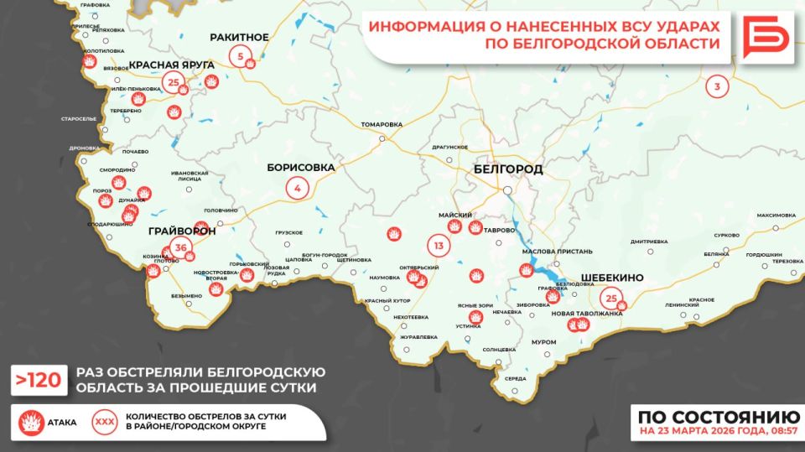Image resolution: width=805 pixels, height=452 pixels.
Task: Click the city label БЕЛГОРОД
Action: tap(507, 169)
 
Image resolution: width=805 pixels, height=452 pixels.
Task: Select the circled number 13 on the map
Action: tap(438, 246)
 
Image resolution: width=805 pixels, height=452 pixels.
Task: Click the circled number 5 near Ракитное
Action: tap(241, 58)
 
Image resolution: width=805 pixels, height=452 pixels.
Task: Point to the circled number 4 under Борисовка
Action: tap(297, 188)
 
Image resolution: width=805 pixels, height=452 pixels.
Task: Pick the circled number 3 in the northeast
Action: tap(717, 86)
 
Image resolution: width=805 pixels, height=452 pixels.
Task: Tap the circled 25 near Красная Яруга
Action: tap(174, 82)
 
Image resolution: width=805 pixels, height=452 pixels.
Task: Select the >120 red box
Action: tap(39, 380)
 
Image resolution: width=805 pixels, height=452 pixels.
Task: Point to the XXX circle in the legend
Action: tap(105, 421)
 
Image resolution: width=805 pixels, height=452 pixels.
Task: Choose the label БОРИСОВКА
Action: tap(301, 168)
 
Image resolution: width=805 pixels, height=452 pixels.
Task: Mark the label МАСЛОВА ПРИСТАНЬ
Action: tap(557, 252)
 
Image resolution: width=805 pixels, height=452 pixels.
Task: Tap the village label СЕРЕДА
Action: tap(516, 378)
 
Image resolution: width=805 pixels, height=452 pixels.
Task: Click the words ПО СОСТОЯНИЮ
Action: tap(717, 417)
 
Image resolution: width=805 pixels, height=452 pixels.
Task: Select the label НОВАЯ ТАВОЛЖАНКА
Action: tap(588, 314)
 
